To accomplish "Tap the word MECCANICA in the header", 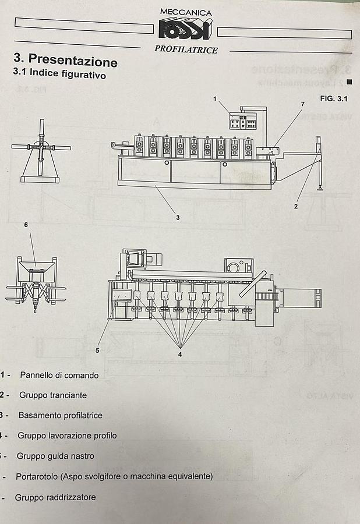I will [x=186, y=12].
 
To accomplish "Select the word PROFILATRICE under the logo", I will [x=186, y=50].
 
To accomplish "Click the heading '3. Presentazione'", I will [x=65, y=60].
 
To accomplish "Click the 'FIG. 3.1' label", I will [x=334, y=98].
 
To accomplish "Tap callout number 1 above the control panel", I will [x=214, y=98].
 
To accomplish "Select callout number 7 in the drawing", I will [x=302, y=104].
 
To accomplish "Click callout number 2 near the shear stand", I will [x=296, y=206].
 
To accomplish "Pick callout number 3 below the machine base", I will [x=178, y=217].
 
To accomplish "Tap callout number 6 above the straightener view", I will [x=26, y=224].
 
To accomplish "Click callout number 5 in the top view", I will [x=97, y=350].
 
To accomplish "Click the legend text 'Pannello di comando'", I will [x=59, y=375].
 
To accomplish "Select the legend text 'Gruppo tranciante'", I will [x=53, y=395].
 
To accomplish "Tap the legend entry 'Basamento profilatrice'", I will [x=60, y=415].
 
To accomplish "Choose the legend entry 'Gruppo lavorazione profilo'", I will [x=67, y=436].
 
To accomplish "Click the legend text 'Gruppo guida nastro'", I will [x=55, y=456].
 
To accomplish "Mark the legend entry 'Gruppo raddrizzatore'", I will [x=55, y=497].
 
